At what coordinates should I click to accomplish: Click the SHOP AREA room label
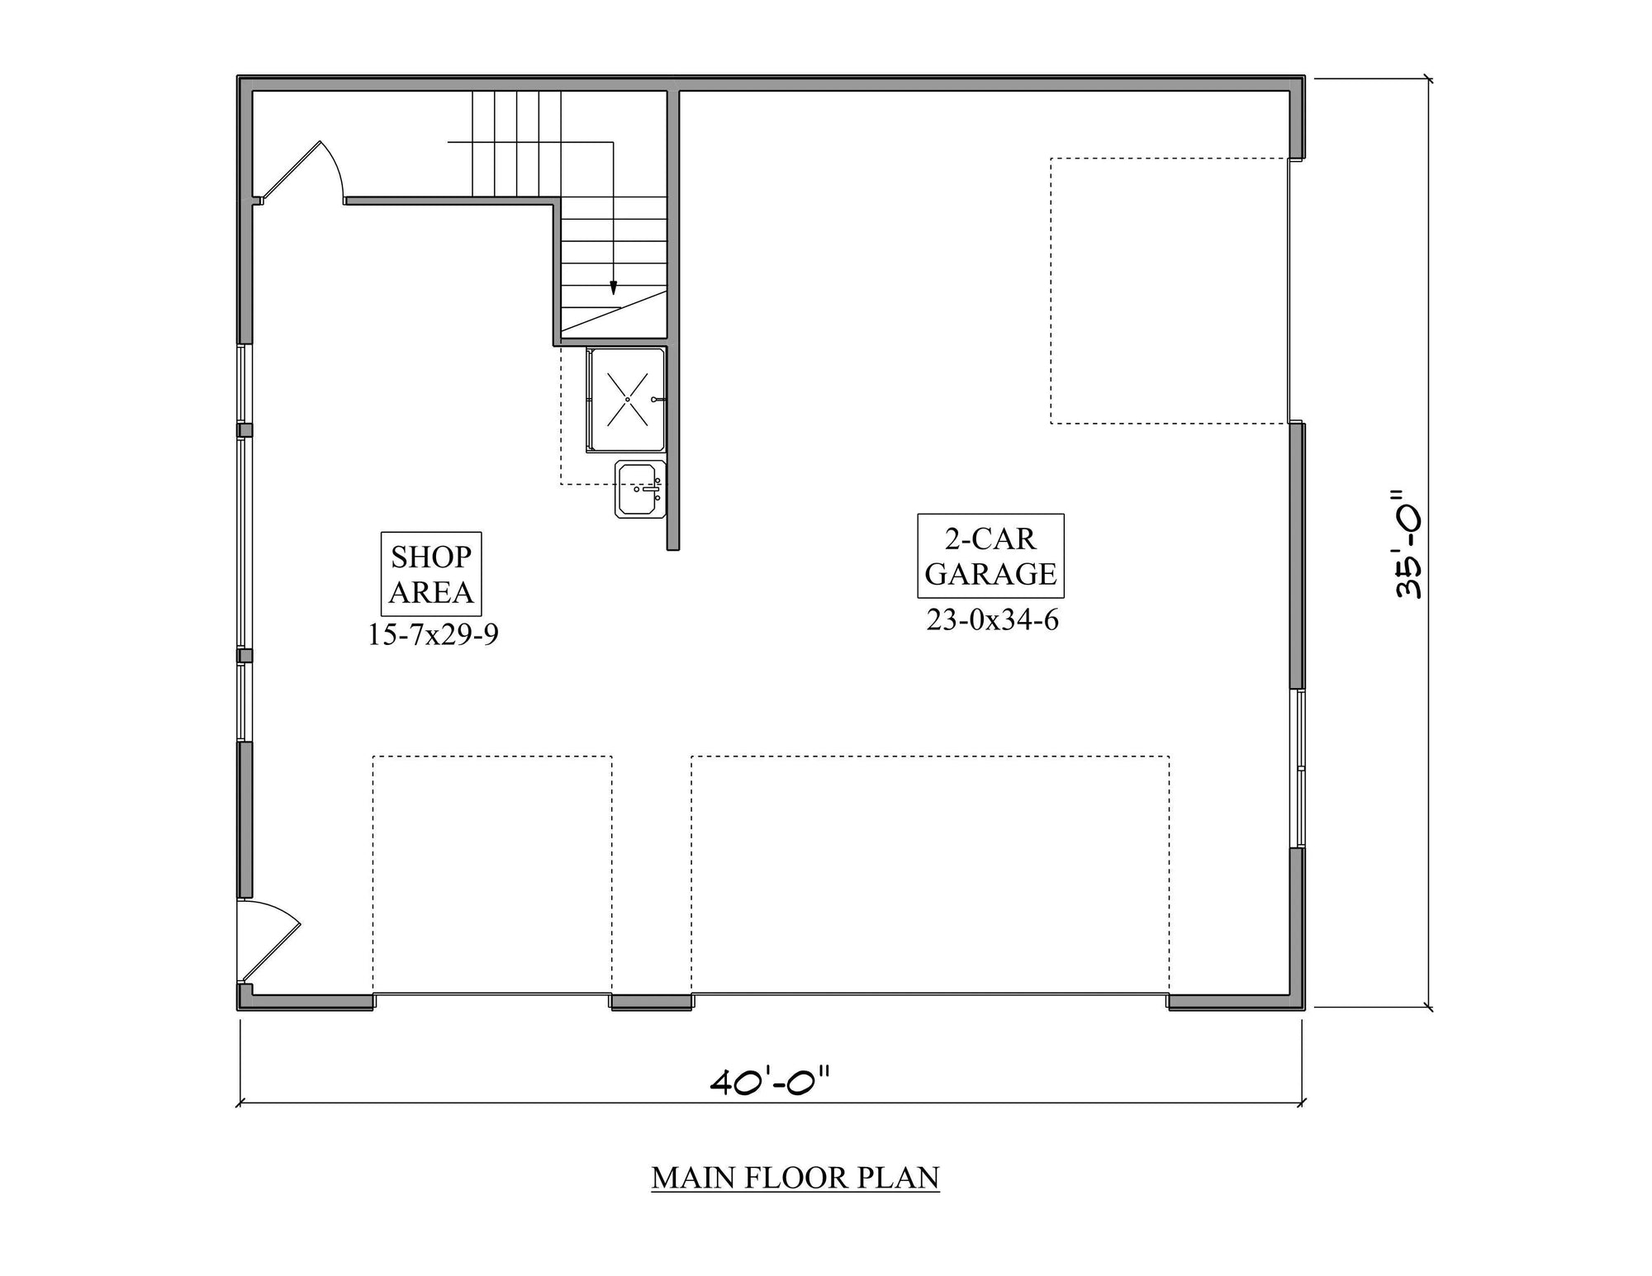click(431, 574)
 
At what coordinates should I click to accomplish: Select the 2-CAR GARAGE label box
click(990, 556)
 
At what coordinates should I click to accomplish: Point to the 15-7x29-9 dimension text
click(433, 634)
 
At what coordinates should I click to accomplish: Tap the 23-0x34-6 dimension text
click(992, 619)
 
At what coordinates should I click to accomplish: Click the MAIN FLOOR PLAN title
click(795, 1178)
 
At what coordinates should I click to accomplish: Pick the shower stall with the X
click(627, 400)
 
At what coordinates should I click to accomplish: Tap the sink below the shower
click(639, 489)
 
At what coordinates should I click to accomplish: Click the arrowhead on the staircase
click(613, 288)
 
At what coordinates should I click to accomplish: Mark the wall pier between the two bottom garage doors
click(652, 1002)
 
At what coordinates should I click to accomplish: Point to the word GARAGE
click(990, 574)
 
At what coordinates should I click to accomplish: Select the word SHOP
click(431, 557)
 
